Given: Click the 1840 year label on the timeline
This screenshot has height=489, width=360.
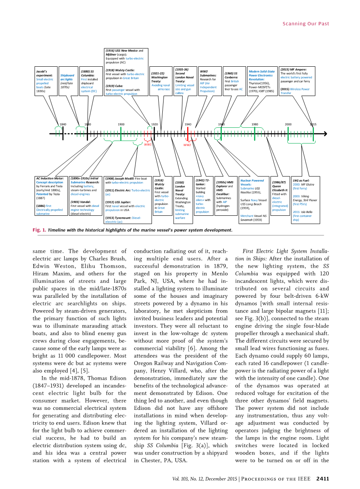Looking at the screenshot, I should point(63,125).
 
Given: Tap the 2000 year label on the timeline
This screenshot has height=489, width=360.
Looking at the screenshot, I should point(288,125).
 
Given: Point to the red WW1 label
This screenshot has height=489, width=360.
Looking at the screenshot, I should point(148,144).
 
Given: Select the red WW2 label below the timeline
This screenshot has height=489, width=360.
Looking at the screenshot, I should point(187,145).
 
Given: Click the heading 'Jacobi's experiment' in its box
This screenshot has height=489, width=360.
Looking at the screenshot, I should point(42,74).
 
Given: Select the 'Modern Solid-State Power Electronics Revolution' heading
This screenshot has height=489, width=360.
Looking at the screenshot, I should point(262,76).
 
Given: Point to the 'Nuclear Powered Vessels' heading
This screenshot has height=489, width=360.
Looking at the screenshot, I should point(252,182).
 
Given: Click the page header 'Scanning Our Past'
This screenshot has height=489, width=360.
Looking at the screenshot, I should point(306,24).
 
